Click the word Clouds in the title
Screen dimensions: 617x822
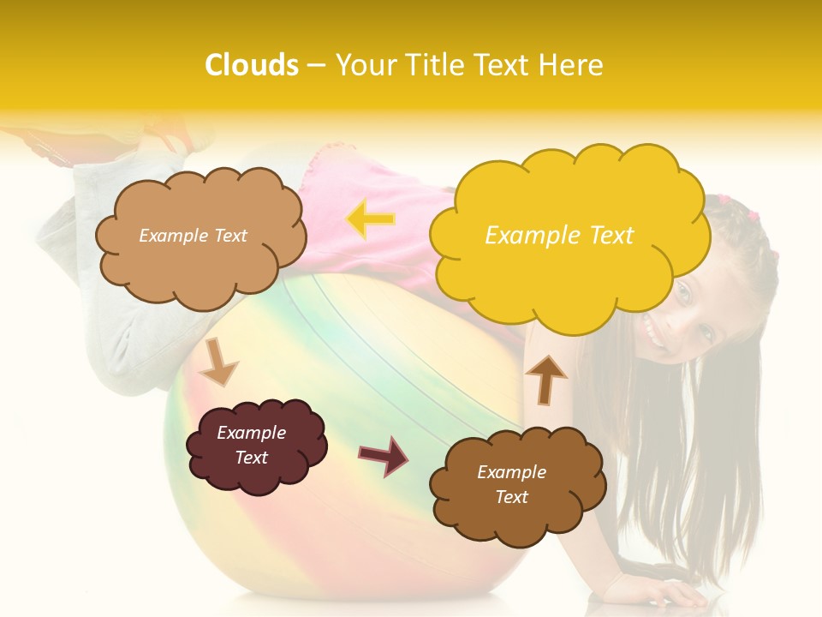[252, 65]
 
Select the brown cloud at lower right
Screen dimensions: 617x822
[518, 514]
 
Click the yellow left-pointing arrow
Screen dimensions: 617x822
[371, 219]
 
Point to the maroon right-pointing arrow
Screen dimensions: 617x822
[383, 455]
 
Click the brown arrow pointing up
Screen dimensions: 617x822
[545, 378]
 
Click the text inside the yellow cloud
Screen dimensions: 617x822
[559, 236]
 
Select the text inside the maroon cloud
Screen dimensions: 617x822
[252, 445]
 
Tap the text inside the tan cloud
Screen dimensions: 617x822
[193, 236]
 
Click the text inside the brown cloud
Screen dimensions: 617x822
[511, 484]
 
